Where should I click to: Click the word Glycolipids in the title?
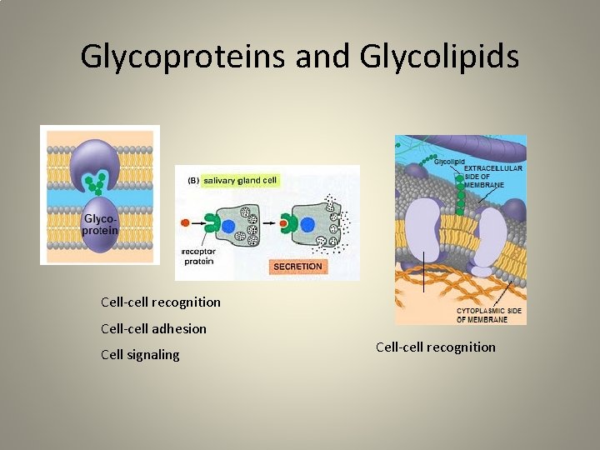pos(440,57)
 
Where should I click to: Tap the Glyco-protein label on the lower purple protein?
pos(100,224)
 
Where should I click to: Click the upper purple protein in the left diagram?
pos(99,157)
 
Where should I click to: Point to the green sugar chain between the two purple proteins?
pos(100,180)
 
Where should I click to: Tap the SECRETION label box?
pos(297,267)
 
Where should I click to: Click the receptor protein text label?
pos(197,256)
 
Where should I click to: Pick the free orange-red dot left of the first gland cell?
pos(184,222)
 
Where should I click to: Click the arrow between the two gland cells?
pos(268,222)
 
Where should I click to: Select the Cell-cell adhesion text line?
pos(153,328)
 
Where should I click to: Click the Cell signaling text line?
pos(140,354)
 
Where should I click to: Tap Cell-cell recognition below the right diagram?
pos(436,347)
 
